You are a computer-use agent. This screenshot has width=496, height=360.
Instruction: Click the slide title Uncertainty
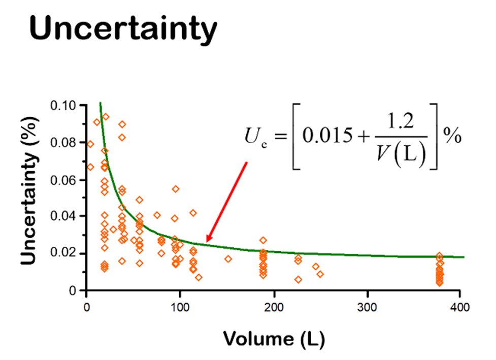tap(123, 29)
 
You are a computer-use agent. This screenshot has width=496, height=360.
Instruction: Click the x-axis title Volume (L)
tap(273, 338)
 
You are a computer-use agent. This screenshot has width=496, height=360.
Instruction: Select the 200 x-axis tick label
tap(274, 307)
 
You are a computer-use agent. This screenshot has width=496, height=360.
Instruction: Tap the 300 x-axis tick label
tap(367, 307)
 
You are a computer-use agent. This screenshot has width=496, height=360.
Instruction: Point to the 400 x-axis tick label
tap(459, 307)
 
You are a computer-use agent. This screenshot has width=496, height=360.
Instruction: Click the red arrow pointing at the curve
tap(226, 202)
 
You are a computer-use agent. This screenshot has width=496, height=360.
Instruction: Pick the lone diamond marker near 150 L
tap(228, 259)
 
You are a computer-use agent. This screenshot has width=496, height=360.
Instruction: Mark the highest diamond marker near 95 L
tap(176, 189)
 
